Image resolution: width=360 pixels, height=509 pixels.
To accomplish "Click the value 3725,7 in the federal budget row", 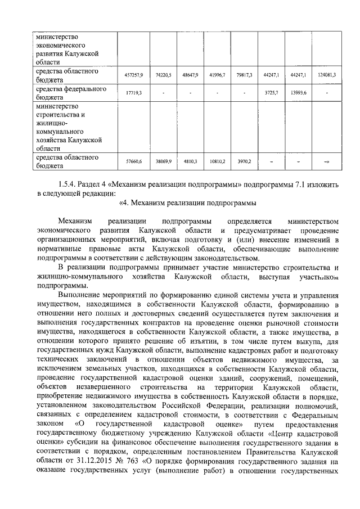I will [272, 93].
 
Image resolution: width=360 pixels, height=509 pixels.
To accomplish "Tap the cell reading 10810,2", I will [217, 161].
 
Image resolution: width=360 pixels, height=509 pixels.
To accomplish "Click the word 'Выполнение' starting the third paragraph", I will [82, 295].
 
